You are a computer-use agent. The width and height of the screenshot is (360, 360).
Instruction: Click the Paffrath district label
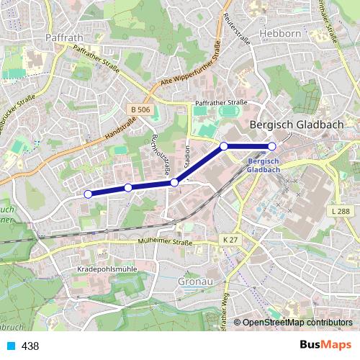65,37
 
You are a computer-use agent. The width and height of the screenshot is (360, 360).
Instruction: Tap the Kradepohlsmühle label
105,269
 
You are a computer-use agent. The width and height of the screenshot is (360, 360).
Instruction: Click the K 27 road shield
230,239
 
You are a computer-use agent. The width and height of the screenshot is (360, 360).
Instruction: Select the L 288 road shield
341,211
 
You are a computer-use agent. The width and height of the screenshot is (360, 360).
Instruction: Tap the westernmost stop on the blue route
88,194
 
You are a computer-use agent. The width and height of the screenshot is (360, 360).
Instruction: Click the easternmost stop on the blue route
272,146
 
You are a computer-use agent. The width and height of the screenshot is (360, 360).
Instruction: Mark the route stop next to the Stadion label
174,183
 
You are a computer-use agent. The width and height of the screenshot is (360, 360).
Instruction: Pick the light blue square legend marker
9,346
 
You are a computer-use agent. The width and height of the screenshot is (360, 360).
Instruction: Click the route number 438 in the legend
30,346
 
